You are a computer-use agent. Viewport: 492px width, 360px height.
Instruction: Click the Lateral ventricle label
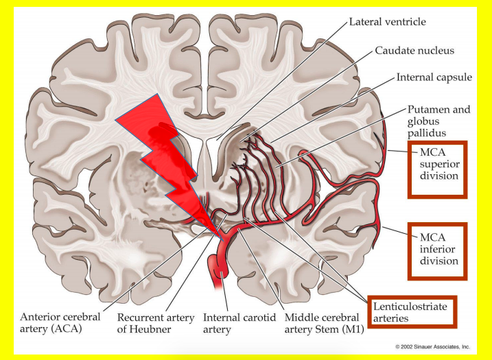point(387,22)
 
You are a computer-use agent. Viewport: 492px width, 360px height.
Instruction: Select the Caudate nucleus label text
point(414,51)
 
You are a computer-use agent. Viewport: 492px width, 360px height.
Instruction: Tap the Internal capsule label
point(434,77)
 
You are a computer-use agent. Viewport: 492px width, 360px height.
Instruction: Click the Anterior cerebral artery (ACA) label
point(60,323)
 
